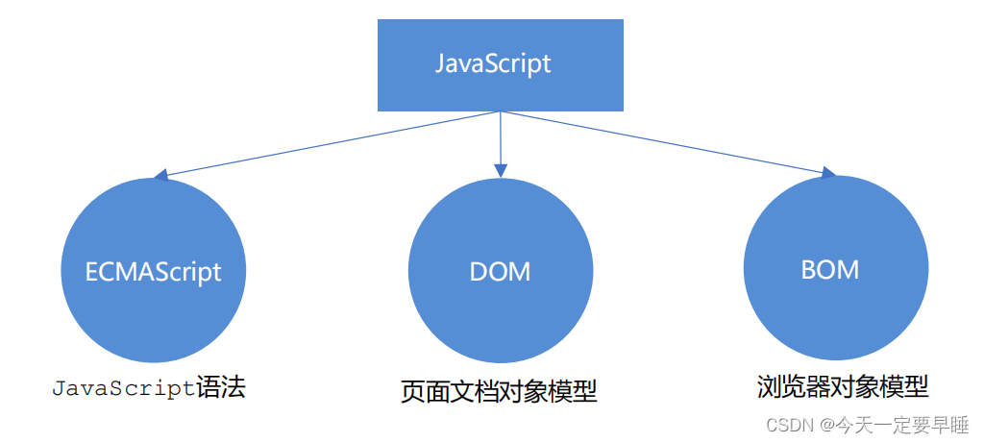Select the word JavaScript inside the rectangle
pos(493,64)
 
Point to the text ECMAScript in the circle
pos(154,271)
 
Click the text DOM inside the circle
pos(500,271)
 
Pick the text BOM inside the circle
pos(830,269)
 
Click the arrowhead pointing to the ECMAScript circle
pos(160,176)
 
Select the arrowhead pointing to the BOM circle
pos(828,172)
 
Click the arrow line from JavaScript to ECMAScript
pos(327,144)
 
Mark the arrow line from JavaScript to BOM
pos(663,142)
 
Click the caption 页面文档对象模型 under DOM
pos(499,392)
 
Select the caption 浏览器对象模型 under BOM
pos(842,387)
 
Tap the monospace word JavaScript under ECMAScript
pos(123,389)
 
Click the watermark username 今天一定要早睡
pos(900,424)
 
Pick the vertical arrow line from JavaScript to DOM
pos(500,139)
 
